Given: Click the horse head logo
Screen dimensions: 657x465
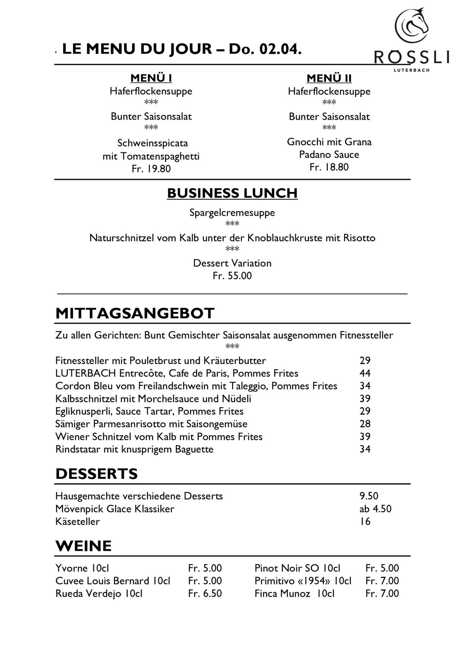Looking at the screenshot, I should (x=412, y=26).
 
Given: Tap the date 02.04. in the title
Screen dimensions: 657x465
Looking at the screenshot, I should (x=280, y=49).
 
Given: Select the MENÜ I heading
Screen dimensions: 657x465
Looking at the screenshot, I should (x=151, y=78).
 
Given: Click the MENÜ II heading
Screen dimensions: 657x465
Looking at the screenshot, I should (x=329, y=78).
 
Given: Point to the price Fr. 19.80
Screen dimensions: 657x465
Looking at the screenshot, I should (x=151, y=169).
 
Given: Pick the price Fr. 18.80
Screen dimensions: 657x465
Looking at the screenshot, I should (x=329, y=167).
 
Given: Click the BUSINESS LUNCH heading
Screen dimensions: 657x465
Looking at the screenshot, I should (x=232, y=193).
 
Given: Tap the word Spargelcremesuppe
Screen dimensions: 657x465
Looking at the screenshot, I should (x=232, y=212).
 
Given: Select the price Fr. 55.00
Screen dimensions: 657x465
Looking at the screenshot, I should (x=232, y=276).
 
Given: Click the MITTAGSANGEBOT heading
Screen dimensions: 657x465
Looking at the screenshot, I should (x=135, y=313).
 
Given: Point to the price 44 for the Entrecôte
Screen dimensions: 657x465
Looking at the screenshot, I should (x=365, y=373).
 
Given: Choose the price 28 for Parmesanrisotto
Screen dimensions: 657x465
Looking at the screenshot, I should (x=365, y=424).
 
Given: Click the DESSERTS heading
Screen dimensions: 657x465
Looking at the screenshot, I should (x=97, y=474).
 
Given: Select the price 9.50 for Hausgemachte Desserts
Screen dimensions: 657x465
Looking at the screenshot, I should (x=369, y=496).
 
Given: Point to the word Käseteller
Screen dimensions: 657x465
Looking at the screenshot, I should (x=78, y=521).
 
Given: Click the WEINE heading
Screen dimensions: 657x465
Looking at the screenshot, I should (x=83, y=546).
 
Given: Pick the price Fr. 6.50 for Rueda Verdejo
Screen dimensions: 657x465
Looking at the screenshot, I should (x=205, y=594).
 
